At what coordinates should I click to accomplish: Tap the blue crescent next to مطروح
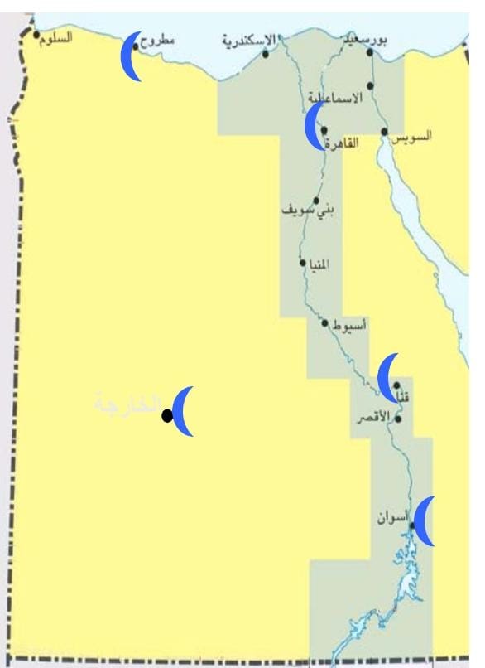pyautogui.click(x=130, y=57)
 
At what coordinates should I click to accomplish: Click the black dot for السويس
pyautogui.click(x=385, y=132)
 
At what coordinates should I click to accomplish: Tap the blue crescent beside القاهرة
pyautogui.click(x=313, y=128)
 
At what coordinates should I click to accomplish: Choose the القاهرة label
pyautogui.click(x=342, y=143)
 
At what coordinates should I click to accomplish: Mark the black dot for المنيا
pyautogui.click(x=303, y=263)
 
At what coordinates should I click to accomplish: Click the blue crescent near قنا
pyautogui.click(x=387, y=377)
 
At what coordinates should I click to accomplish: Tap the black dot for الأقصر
pyautogui.click(x=398, y=419)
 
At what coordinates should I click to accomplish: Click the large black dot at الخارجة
pyautogui.click(x=167, y=416)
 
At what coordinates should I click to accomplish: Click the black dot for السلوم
pyautogui.click(x=36, y=35)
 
